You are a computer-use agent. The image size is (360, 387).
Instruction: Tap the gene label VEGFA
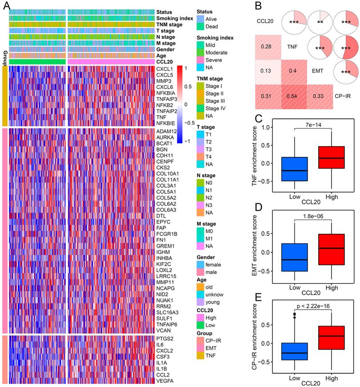coord(164,381)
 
